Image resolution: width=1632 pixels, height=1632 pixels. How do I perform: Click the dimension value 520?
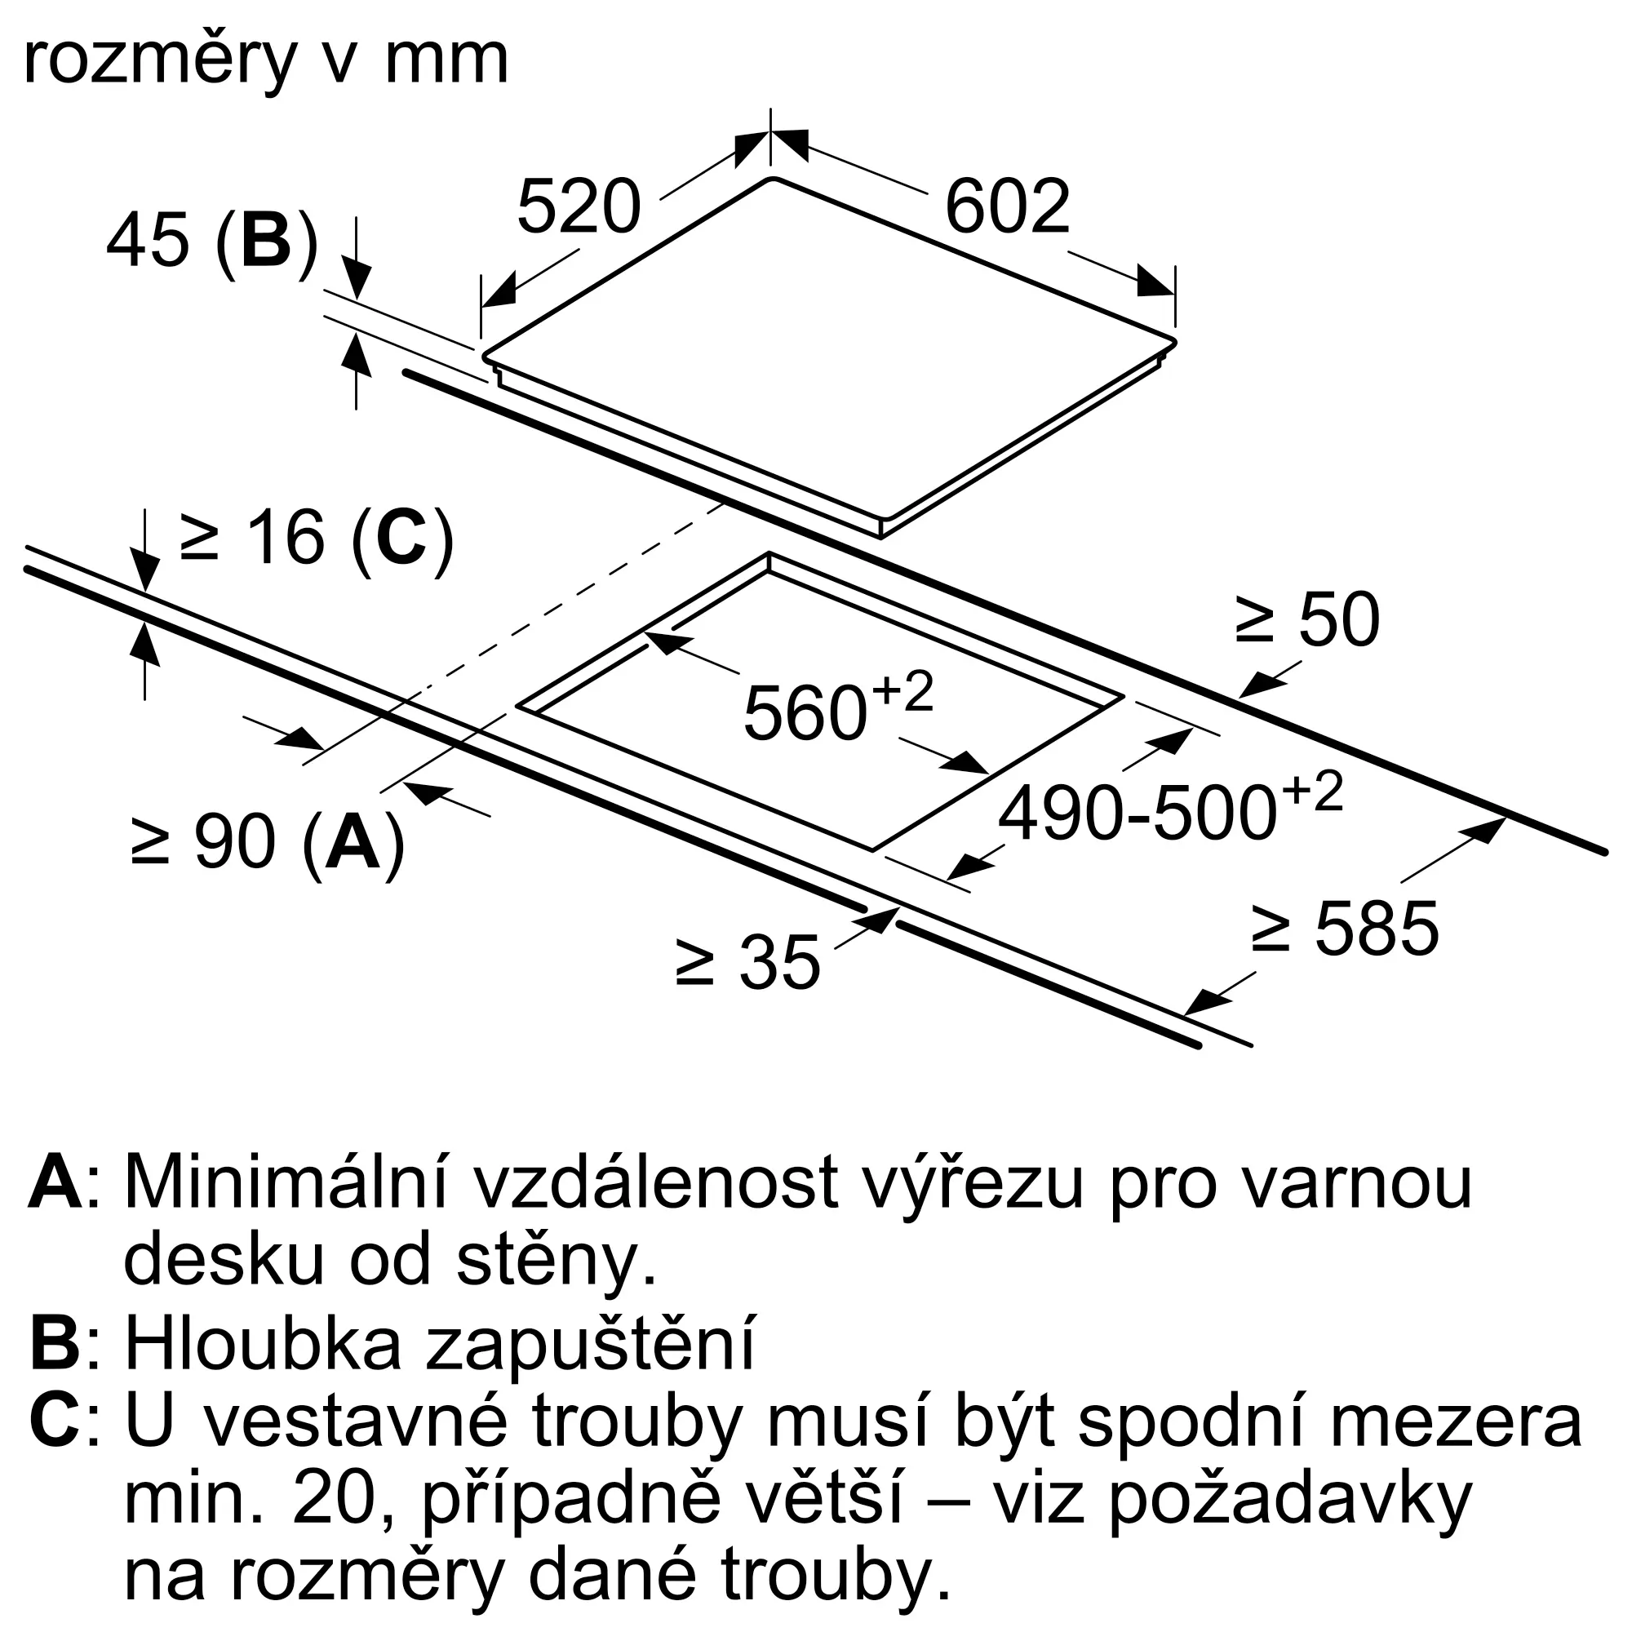pos(579,207)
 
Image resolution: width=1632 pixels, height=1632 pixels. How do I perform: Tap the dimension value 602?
pos(1007,207)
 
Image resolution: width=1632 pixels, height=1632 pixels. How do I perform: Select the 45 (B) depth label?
pos(212,242)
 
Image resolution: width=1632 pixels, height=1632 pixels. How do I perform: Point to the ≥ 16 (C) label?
pos(317,538)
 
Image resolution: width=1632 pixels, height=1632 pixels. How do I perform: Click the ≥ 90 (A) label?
pos(268,842)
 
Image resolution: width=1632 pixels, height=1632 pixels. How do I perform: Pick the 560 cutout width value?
pos(805,714)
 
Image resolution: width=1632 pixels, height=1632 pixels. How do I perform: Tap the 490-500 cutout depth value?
pos(1136,814)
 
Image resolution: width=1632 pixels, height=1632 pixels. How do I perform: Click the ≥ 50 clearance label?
pos(1306,621)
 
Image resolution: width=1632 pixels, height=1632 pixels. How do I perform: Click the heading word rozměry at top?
pos(162,61)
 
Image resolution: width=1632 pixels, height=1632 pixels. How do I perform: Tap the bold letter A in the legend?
pos(55,1183)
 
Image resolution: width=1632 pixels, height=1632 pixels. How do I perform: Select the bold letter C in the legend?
pos(55,1421)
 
